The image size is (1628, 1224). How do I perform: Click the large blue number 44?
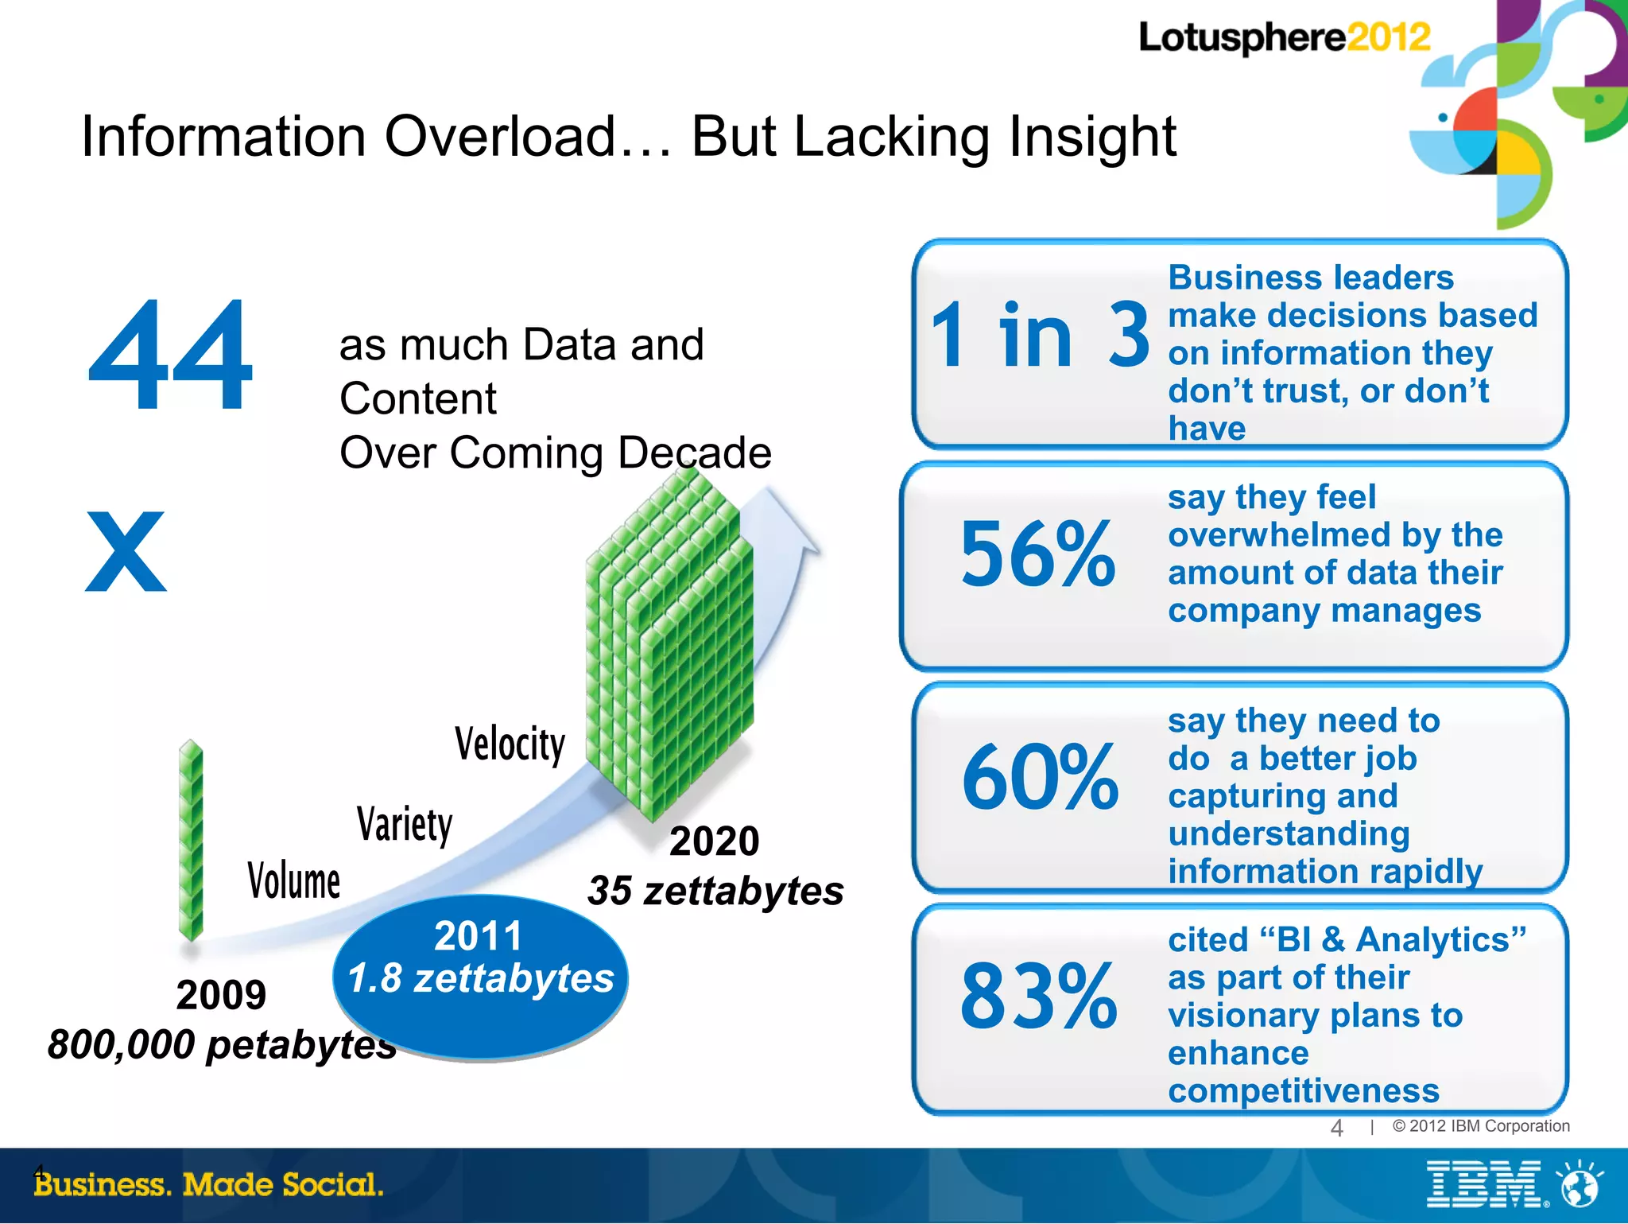171,356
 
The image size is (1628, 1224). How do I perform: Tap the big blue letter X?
126,552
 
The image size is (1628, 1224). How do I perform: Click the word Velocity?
510,744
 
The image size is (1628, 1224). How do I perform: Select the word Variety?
405,824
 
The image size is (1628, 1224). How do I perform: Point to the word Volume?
293,881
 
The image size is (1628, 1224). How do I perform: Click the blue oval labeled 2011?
480,977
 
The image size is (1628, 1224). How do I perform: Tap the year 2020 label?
714,841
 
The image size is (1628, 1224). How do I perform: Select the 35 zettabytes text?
715,891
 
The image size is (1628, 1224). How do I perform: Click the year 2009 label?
221,995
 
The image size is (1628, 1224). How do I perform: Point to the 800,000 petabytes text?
222,1044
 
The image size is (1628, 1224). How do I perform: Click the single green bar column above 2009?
191,840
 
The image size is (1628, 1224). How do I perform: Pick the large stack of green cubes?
669,644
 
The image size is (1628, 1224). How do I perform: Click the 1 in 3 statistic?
1040,337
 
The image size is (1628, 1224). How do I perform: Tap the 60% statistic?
1040,778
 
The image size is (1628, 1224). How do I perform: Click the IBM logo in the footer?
1485,1185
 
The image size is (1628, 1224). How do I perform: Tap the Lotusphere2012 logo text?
1284,38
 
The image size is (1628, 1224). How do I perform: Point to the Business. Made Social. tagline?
209,1185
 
